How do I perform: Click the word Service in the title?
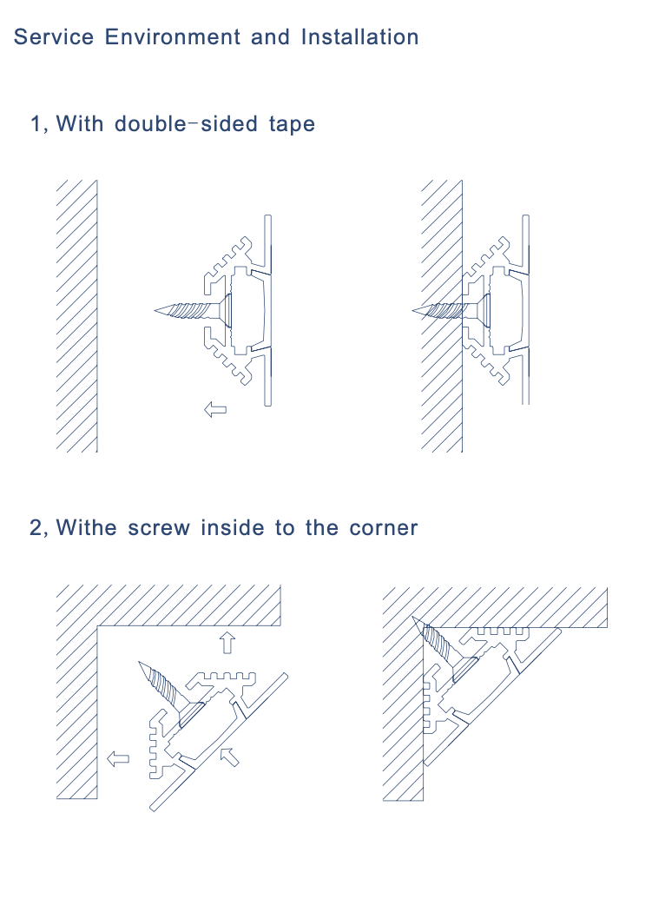click(54, 37)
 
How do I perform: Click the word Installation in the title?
click(359, 37)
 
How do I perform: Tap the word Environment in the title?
click(173, 37)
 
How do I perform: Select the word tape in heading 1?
click(291, 124)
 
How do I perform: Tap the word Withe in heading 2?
click(86, 527)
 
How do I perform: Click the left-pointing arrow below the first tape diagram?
click(214, 408)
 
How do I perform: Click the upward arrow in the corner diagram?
click(227, 643)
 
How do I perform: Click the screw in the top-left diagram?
click(187, 310)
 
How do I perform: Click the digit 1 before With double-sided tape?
click(36, 124)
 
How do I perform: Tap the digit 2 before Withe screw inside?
click(36, 527)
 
